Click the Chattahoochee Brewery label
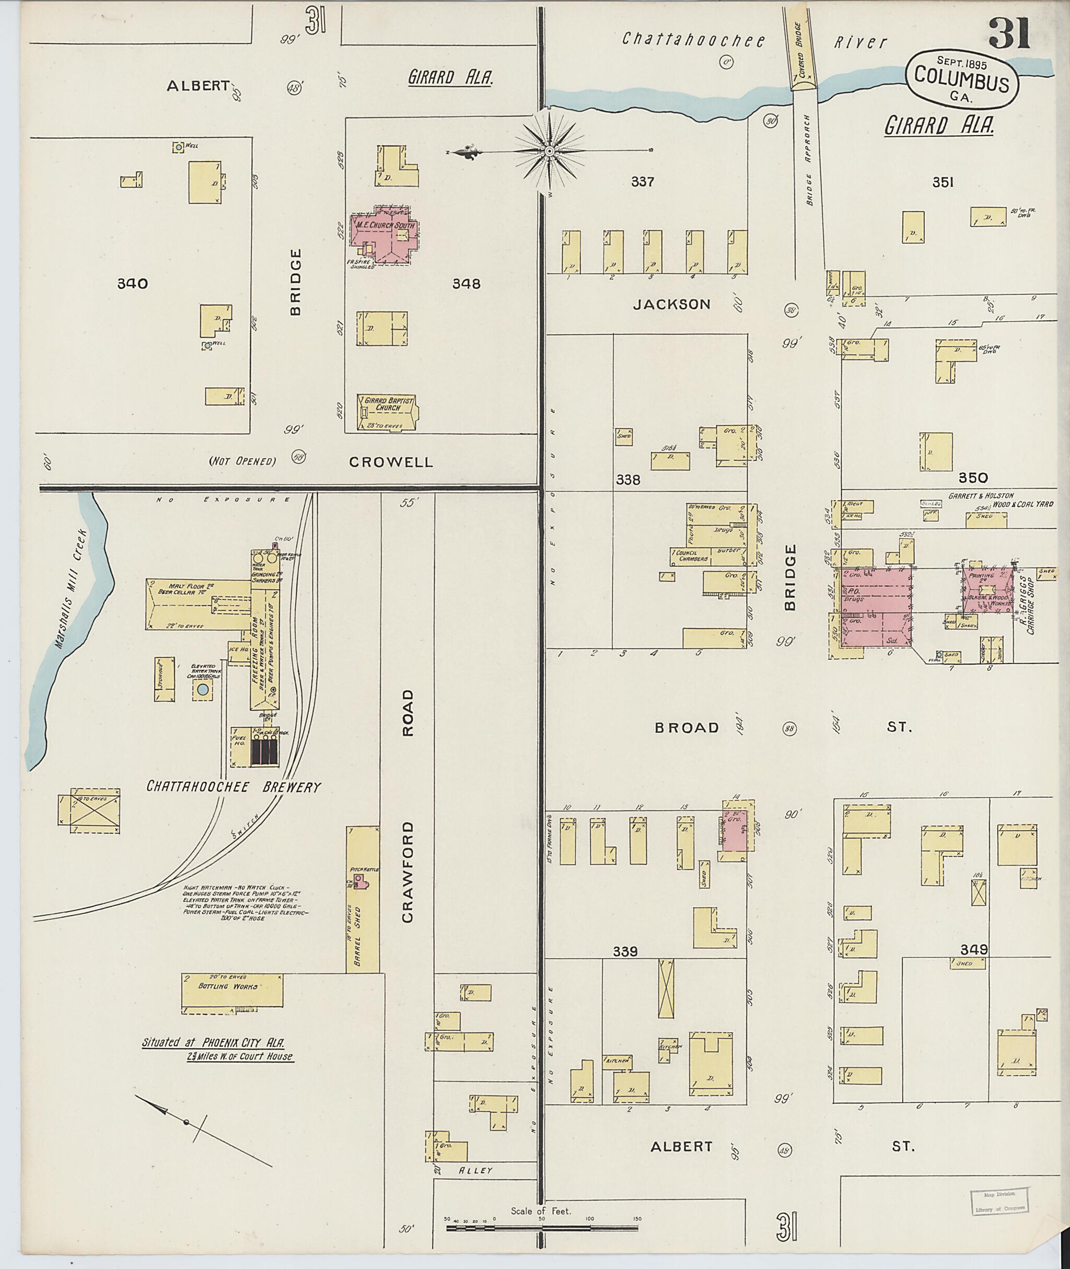click(x=234, y=787)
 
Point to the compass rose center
click(x=549, y=150)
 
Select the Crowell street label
click(x=391, y=462)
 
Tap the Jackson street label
click(x=671, y=305)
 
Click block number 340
click(x=132, y=283)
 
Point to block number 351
click(x=943, y=182)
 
